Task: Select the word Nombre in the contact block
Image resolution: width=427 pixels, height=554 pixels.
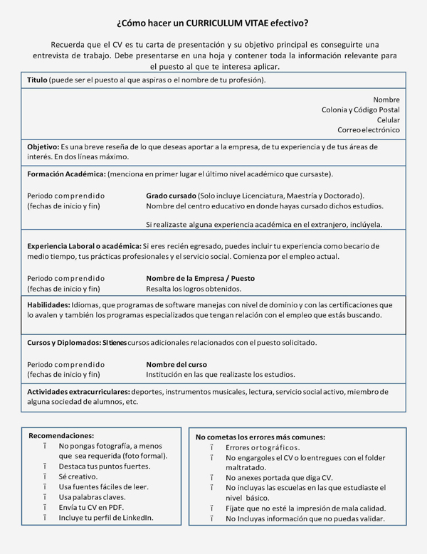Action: point(386,100)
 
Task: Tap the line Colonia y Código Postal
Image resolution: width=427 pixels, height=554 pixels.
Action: point(361,110)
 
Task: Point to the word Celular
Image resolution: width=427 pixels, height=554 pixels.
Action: point(388,120)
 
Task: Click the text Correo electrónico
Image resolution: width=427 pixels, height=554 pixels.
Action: point(369,130)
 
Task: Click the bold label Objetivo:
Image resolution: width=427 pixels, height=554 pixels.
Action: point(43,147)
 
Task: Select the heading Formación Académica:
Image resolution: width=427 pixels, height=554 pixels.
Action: point(66,174)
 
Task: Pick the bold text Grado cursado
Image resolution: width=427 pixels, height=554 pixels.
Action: point(171,196)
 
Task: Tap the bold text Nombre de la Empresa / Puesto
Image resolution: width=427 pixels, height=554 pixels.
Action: point(200,278)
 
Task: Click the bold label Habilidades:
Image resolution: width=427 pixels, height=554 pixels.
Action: point(48,304)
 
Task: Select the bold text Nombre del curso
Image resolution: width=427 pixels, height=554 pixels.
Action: point(176,364)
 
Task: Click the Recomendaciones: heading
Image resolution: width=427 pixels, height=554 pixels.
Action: point(61,435)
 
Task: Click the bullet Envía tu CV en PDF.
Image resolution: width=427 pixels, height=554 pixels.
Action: point(91,507)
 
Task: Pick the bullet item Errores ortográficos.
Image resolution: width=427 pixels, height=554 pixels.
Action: point(262,447)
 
